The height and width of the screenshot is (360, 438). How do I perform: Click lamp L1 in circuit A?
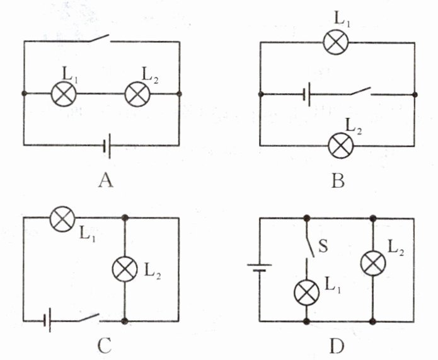pos(63,95)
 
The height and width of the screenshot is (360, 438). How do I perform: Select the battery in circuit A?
pos(107,146)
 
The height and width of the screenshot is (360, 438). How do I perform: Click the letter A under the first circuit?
pos(106,181)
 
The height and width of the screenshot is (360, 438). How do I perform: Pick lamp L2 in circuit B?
pos(341,146)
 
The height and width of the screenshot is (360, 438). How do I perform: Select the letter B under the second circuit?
pos(338,181)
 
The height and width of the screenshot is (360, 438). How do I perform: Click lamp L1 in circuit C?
pos(61,219)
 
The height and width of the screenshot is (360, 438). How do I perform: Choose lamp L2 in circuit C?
pos(125,269)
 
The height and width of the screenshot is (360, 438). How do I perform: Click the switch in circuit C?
pos(89,317)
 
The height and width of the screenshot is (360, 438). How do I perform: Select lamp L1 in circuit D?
pos(308,292)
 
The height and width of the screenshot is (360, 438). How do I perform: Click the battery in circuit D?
pos(260,267)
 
